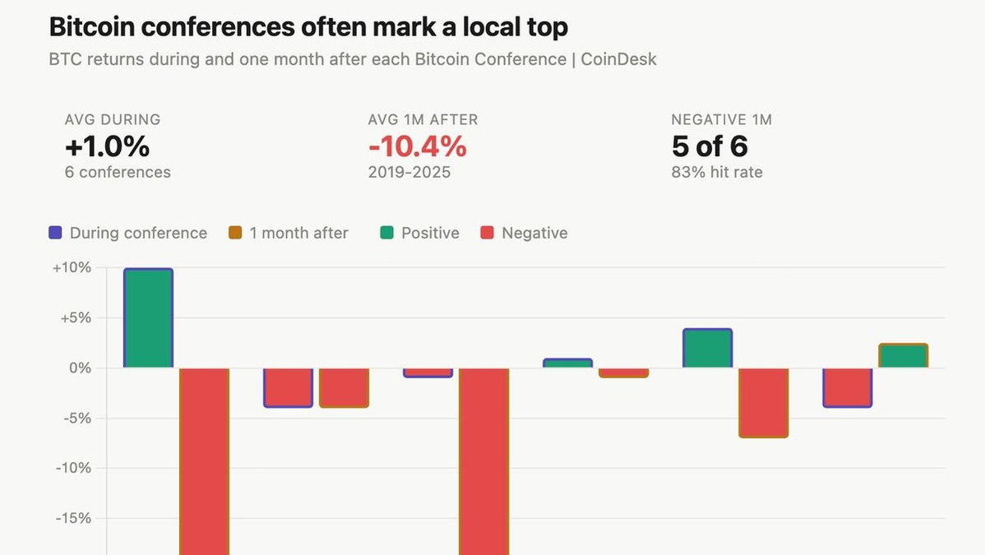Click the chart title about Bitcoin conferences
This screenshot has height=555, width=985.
pos(308,27)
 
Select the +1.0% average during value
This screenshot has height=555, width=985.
pos(107,146)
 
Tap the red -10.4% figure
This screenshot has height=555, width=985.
pos(417,146)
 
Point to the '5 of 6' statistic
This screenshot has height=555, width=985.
pos(710,146)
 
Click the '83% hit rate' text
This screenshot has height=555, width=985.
pos(717,173)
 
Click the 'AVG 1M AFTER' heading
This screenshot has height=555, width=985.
pos(423,120)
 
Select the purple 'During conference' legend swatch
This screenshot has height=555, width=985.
pos(56,233)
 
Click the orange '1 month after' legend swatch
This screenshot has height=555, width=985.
pos(235,233)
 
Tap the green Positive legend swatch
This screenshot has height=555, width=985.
pos(386,233)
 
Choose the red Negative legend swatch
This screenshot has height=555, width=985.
pos(487,233)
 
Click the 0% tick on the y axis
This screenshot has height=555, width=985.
pos(80,368)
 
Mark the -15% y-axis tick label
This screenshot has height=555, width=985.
pos(75,519)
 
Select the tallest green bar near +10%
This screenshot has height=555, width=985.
pos(148,318)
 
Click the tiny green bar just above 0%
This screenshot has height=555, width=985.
pos(567,363)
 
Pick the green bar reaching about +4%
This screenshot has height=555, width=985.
pos(707,349)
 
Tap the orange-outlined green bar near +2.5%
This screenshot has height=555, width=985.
pos(903,356)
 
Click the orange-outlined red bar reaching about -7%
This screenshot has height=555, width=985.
pos(763,402)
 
